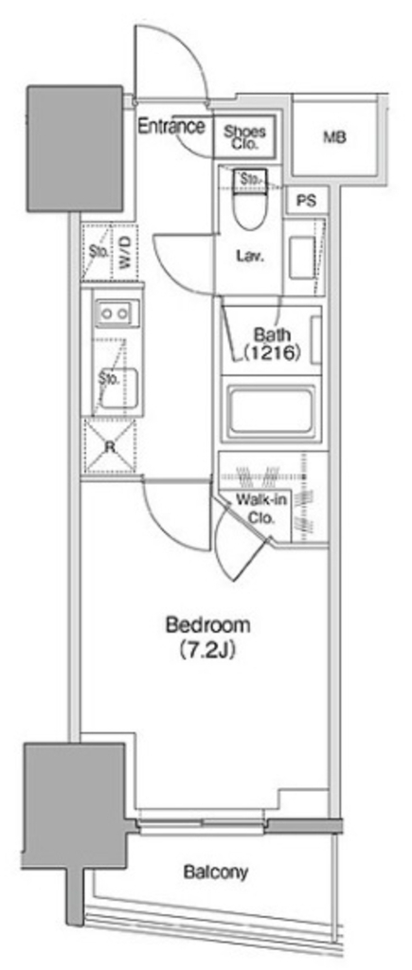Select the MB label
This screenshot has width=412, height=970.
[x=334, y=137]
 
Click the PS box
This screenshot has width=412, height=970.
[x=306, y=201]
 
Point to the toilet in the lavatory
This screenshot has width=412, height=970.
[x=251, y=201]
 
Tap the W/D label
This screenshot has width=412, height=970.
[x=124, y=252]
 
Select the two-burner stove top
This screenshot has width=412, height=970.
[x=115, y=314]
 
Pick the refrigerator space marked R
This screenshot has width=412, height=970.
[x=110, y=446]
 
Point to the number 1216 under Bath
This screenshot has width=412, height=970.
[x=272, y=353]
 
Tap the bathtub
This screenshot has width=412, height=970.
[x=268, y=412]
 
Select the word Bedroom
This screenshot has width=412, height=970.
[x=208, y=625]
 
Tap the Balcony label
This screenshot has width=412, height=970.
[x=216, y=872]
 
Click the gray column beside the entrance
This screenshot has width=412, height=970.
[x=75, y=149]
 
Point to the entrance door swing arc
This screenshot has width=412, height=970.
[x=181, y=62]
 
